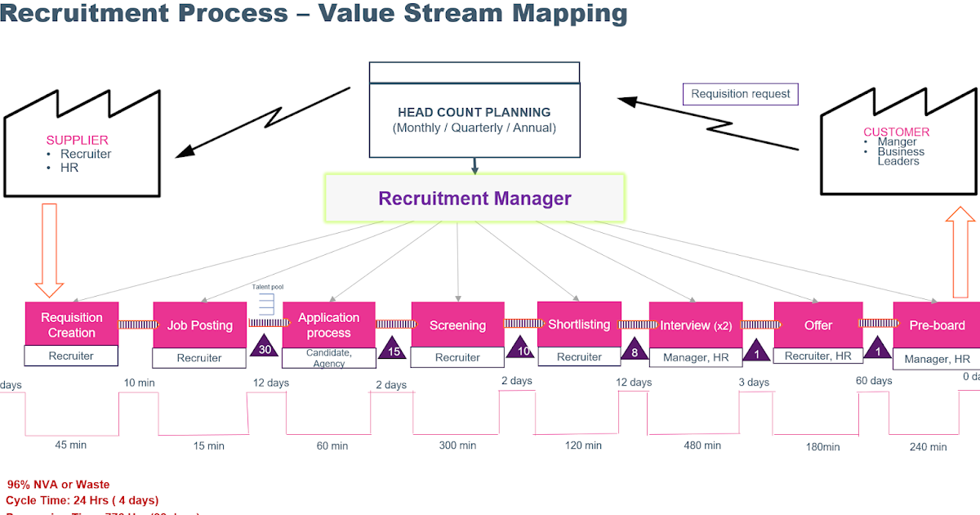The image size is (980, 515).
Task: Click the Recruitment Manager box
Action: pos(474,198)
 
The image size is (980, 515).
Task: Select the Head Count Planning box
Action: pos(474,119)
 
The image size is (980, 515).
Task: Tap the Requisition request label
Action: pos(740,94)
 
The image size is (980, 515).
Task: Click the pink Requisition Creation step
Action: pos(72,325)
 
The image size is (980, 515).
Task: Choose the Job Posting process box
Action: pos(200,325)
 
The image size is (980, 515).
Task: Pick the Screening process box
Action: pos(457,325)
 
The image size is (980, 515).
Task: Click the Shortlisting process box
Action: pos(578,324)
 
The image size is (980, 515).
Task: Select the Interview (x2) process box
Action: pos(696,325)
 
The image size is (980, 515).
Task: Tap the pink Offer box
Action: pos(817,325)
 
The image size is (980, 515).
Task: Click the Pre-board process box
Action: pos(936,325)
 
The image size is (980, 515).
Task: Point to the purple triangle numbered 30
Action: pos(265,347)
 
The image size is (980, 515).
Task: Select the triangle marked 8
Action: pos(634,351)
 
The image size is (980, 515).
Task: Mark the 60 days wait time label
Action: pos(873,381)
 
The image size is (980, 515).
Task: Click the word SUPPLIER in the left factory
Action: pos(77,141)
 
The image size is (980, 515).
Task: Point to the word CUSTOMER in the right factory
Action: pos(896,132)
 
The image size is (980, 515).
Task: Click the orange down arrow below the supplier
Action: pos(50,249)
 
